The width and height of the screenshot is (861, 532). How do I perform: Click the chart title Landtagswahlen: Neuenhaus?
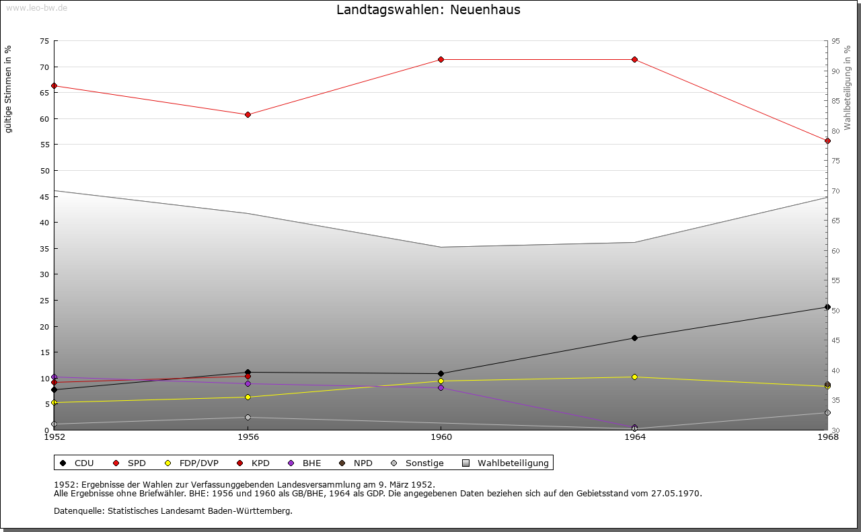[428, 10]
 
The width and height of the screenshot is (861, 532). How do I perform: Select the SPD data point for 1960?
[441, 60]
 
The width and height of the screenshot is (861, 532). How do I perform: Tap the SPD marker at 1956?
[248, 115]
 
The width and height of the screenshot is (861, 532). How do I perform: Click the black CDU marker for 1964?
[634, 338]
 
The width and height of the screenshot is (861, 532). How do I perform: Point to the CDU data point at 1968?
[827, 307]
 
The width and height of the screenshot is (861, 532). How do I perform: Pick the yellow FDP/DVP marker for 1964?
[634, 377]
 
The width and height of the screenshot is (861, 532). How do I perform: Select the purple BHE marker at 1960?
[441, 388]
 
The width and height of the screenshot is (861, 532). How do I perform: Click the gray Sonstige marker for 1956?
[248, 418]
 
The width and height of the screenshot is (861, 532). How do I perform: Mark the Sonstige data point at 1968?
[827, 413]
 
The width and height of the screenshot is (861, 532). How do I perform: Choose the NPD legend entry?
[357, 463]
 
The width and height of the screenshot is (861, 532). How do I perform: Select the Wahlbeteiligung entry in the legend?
[507, 463]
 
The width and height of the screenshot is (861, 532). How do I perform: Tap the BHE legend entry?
[305, 463]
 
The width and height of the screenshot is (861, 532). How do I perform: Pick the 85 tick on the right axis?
[835, 102]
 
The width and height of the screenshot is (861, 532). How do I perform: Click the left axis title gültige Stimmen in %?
[9, 89]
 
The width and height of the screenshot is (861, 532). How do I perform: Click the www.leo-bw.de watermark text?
[36, 7]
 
